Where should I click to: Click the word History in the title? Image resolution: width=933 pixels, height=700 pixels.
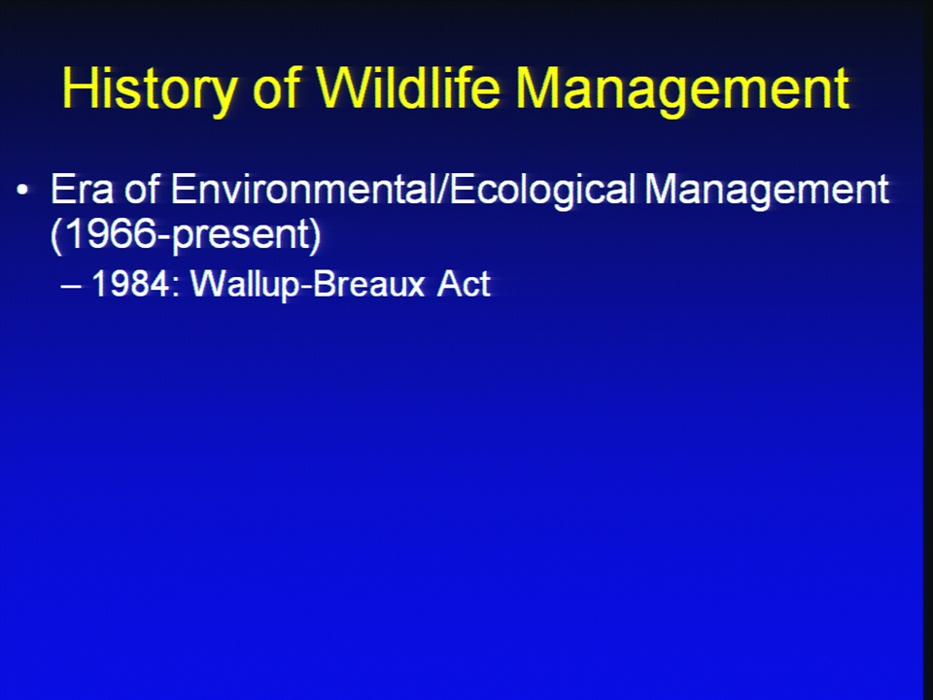tap(149, 89)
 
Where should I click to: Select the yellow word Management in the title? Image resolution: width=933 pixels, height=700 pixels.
tap(682, 89)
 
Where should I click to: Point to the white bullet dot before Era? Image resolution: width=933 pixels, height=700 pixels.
tap(22, 191)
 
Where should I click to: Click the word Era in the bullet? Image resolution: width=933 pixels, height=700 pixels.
tap(82, 190)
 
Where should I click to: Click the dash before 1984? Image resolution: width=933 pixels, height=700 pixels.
tap(71, 286)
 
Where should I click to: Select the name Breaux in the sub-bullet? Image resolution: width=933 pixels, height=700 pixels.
tap(369, 283)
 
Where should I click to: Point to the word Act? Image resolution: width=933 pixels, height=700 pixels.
tap(464, 283)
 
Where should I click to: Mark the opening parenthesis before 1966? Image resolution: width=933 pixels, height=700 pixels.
tap(56, 235)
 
